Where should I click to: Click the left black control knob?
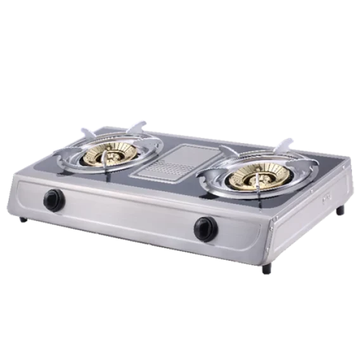[x=54, y=200]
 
